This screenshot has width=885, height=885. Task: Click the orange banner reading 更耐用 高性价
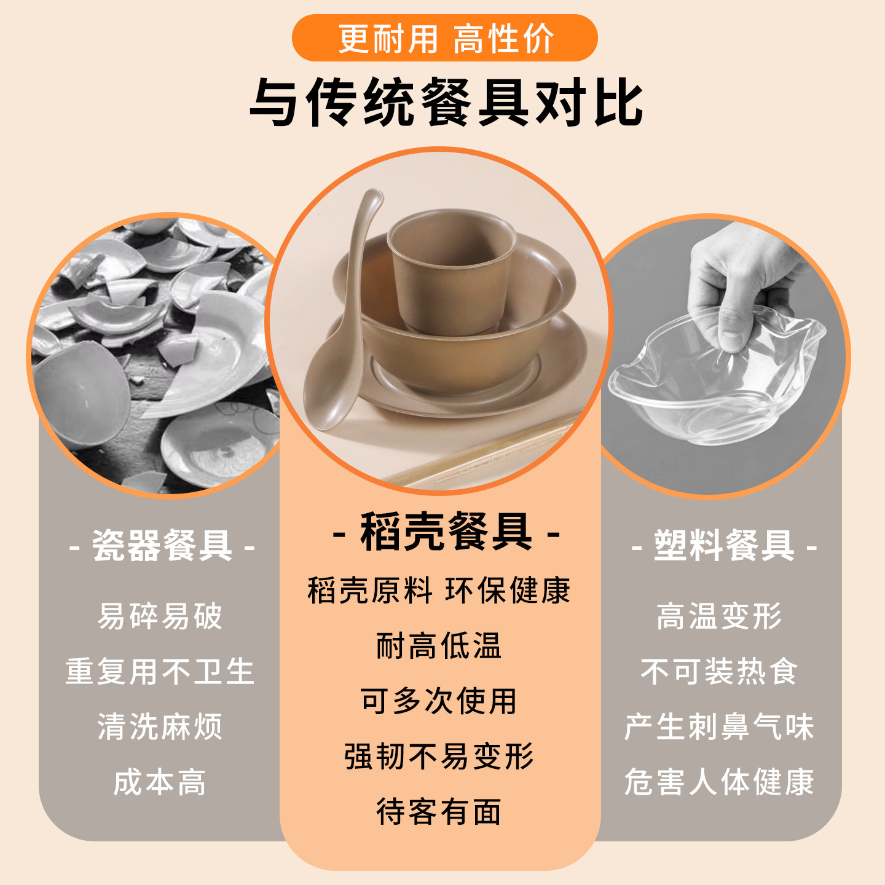444,38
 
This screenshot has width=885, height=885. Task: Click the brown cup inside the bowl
452,270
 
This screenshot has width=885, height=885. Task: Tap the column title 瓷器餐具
162,545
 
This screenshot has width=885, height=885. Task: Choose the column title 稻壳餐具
446,532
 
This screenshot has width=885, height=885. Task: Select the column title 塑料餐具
724,545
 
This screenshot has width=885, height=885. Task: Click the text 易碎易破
160,616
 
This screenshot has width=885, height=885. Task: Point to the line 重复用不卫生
160,671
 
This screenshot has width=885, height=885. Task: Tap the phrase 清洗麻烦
160,726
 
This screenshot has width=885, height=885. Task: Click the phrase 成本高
160,782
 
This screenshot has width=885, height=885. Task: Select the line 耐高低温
439,646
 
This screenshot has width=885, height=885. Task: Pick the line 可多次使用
439,701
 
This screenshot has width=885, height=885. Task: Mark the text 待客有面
439,812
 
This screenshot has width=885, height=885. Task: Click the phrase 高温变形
719,616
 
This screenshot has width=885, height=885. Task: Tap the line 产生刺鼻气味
719,726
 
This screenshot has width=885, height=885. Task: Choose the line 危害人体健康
719,782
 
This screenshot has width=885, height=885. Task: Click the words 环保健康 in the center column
508,591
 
